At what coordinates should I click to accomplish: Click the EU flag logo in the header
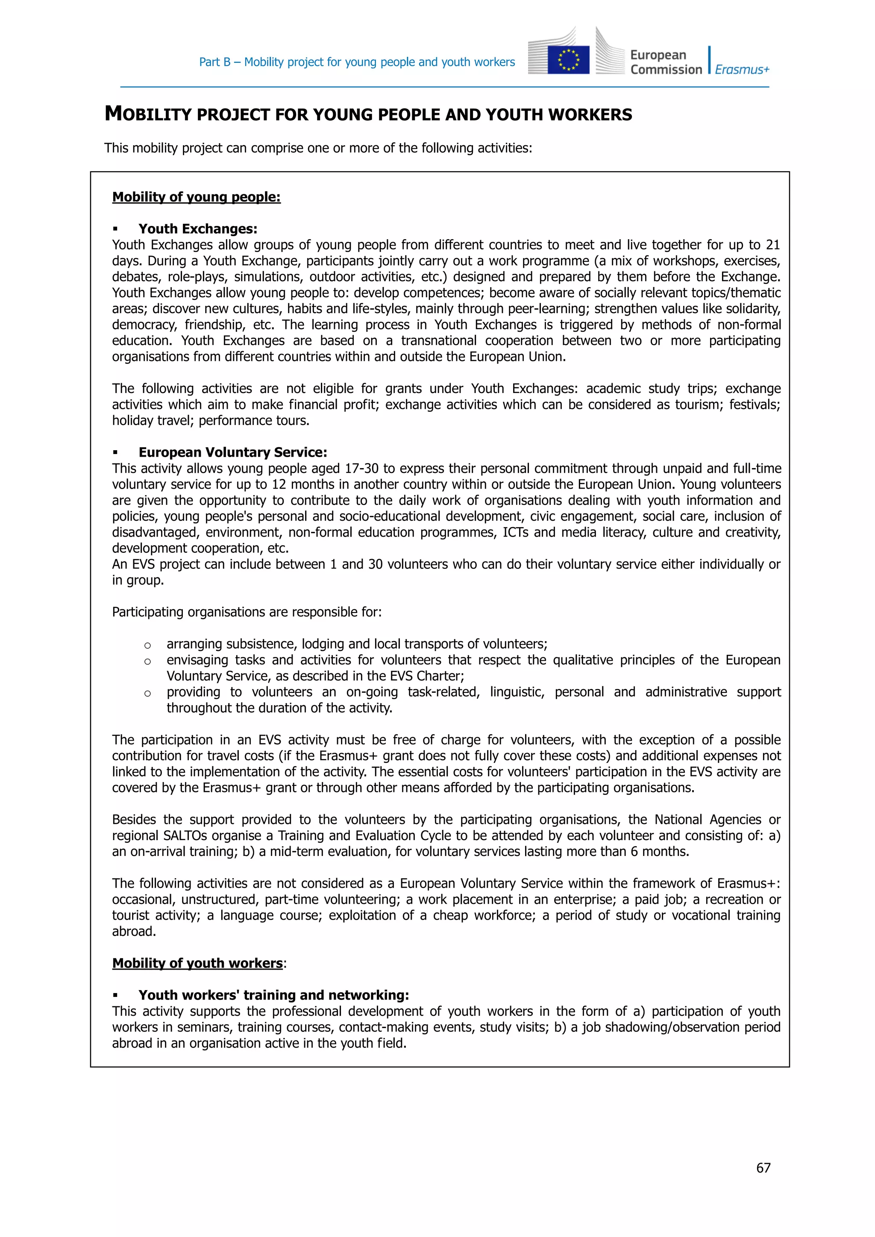tap(568, 59)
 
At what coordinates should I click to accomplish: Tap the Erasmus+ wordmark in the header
tap(742, 70)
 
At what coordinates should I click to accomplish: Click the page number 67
tap(763, 1167)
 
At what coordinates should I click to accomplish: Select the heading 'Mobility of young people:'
tap(196, 197)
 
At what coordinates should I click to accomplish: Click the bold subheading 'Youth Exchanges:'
tap(198, 229)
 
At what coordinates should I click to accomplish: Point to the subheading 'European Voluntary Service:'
tap(233, 453)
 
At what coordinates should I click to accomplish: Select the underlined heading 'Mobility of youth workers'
tap(197, 963)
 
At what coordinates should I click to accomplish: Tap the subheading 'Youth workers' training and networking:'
tap(274, 995)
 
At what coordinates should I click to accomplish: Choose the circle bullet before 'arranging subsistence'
tap(148, 645)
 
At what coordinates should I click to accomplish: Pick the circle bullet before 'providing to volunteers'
tap(148, 693)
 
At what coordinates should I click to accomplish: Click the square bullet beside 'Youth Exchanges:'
tap(115, 229)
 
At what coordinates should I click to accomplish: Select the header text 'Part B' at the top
tap(214, 62)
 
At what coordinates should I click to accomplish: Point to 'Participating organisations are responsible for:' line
tap(247, 612)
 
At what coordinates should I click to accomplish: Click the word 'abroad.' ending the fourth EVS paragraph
tap(134, 932)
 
